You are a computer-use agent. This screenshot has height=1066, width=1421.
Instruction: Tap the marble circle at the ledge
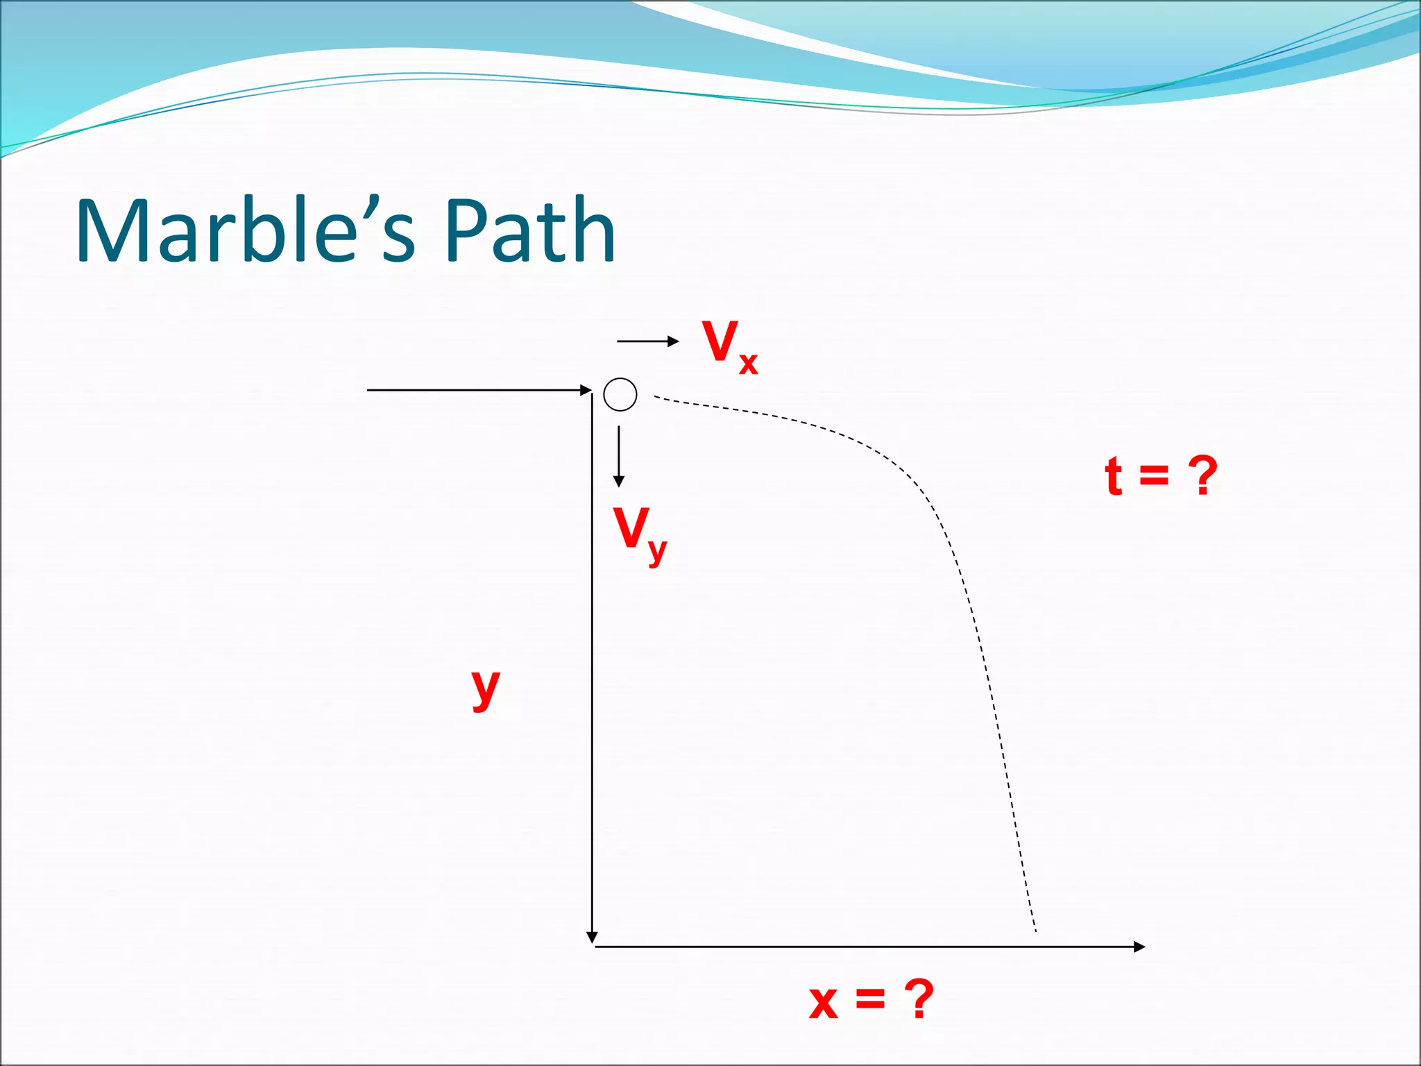[x=620, y=395]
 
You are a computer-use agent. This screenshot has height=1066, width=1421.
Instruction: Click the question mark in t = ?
[x=1202, y=476]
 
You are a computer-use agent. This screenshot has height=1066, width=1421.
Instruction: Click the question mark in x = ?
[x=919, y=999]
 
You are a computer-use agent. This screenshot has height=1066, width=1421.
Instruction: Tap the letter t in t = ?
[x=1114, y=476]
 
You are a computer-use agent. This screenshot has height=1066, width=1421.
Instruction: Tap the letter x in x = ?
[x=824, y=1003]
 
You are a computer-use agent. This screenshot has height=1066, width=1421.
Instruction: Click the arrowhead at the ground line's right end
[x=1139, y=947]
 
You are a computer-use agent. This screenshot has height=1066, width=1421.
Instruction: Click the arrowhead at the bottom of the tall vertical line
[x=592, y=938]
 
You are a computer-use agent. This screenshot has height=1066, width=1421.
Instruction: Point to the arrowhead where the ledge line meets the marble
[x=586, y=390]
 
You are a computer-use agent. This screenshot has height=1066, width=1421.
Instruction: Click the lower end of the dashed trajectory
[x=1035, y=930]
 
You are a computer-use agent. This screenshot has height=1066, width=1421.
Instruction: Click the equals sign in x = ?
[x=870, y=1000]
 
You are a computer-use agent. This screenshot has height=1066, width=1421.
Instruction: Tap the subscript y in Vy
[x=657, y=552]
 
